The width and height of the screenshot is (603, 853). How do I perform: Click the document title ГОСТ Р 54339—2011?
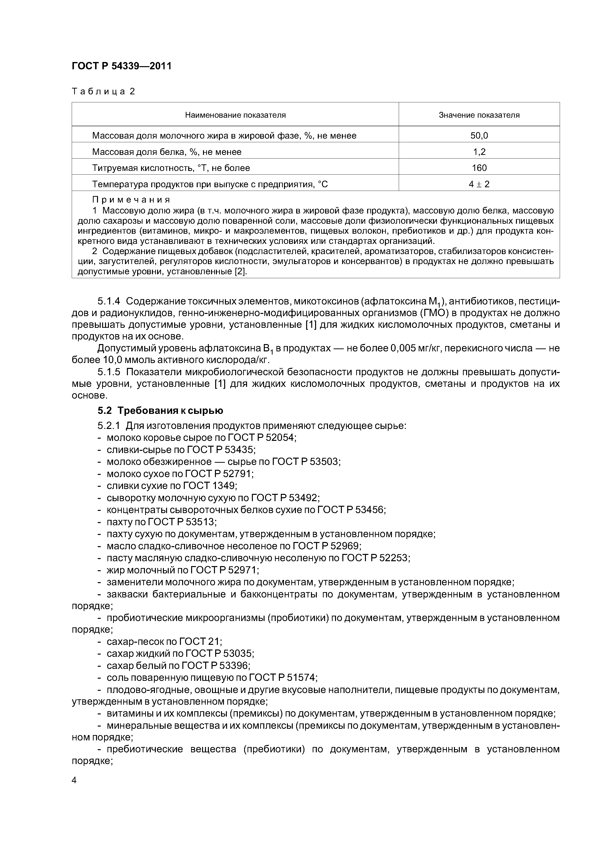tap(122, 66)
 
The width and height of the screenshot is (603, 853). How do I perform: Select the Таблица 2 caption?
tap(103, 91)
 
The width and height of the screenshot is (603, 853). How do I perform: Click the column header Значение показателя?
tap(479, 115)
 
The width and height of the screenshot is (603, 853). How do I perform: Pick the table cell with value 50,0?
tap(479, 136)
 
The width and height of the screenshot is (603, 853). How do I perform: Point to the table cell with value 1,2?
tap(479, 151)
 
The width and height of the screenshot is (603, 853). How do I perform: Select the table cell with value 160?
tap(479, 168)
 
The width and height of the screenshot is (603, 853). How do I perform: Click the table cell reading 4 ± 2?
tap(479, 184)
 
